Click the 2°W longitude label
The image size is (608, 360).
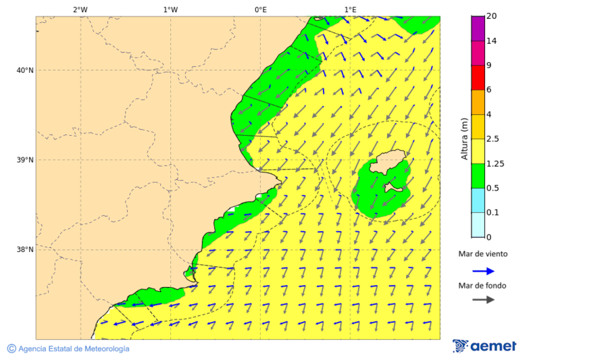click(80, 9)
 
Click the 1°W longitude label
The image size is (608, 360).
click(170, 9)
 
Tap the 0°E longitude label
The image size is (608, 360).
click(260, 9)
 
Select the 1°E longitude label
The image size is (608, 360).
click(350, 9)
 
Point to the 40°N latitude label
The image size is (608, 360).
click(25, 70)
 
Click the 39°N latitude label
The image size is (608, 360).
click(25, 160)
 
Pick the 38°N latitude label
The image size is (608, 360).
click(25, 250)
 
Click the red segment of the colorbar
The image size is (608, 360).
click(478, 78)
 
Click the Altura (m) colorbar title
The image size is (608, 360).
click(464, 138)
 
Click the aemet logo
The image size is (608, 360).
click(484, 346)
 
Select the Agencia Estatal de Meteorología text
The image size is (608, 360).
click(74, 349)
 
